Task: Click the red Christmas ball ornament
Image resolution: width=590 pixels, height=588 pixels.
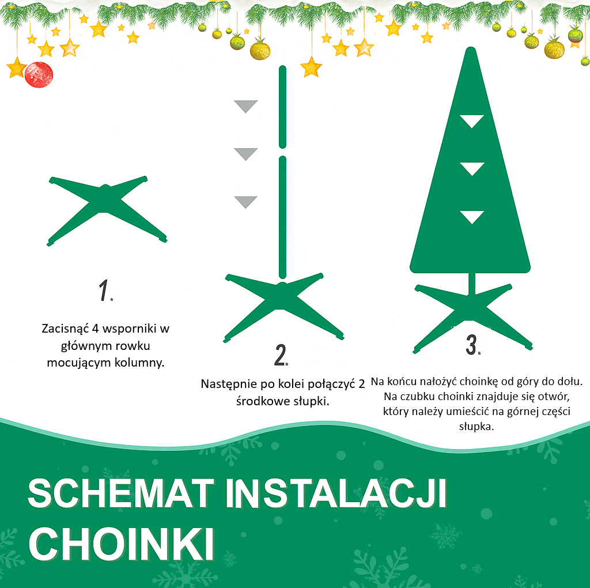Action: point(39,74)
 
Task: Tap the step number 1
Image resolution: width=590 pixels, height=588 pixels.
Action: point(104,290)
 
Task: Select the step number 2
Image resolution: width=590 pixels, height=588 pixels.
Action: point(281,355)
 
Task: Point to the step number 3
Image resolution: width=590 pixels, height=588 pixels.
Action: point(472,345)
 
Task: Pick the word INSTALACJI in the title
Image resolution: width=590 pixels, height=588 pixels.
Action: point(336,493)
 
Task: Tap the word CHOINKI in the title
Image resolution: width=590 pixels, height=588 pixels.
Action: point(121,544)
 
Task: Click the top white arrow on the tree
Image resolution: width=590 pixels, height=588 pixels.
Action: point(471,121)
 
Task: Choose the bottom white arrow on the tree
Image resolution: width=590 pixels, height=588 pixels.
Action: point(472,217)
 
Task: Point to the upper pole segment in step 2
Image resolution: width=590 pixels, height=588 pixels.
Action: point(282,107)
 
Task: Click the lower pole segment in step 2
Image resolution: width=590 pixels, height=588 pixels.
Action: point(282,217)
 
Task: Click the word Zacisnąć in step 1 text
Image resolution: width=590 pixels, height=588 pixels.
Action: point(65,329)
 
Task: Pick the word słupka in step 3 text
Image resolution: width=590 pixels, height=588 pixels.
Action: point(475,427)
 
